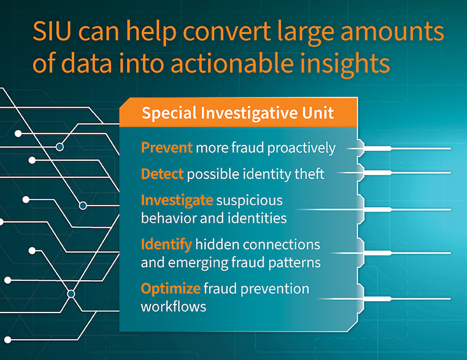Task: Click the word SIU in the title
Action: pyautogui.click(x=52, y=31)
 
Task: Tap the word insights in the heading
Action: pyautogui.click(x=345, y=63)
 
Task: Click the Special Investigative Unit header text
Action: pyautogui.click(x=237, y=113)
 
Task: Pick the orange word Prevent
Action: pyautogui.click(x=167, y=147)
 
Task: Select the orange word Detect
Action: pyautogui.click(x=162, y=173)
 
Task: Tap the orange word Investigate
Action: pyautogui.click(x=177, y=200)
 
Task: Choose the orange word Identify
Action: pyautogui.click(x=166, y=245)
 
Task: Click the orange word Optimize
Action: pyautogui.click(x=171, y=289)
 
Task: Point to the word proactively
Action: pyautogui.click(x=302, y=149)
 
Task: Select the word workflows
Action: pyautogui.click(x=173, y=306)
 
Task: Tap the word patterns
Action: pyautogui.click(x=294, y=263)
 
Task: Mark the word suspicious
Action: pyautogui.click(x=249, y=201)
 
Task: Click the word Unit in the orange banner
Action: pyautogui.click(x=318, y=113)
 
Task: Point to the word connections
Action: pyautogui.click(x=282, y=245)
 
